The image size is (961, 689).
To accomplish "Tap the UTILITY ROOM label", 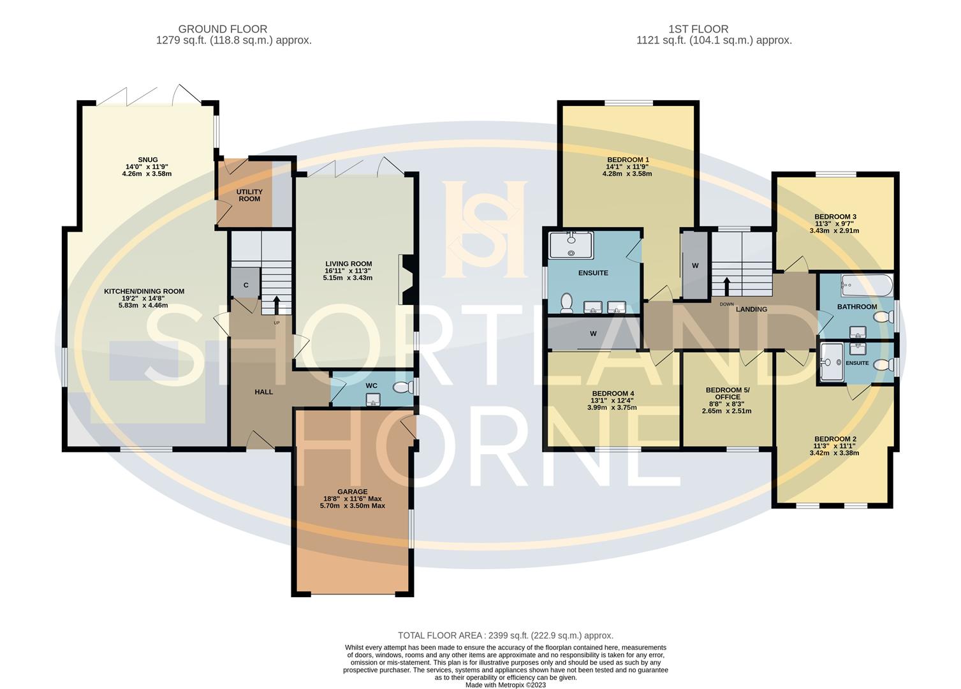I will coord(249,195).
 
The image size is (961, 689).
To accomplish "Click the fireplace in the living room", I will coord(406,279).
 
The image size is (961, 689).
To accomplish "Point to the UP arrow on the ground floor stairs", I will coord(277,304).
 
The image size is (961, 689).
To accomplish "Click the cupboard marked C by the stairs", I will coord(246,285).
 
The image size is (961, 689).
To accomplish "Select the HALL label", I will coord(263,392).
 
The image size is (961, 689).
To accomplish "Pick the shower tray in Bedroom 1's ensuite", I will coord(571,244).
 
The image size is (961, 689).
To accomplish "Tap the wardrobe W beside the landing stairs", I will coord(694,265).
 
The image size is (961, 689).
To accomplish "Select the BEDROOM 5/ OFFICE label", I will coord(728,394).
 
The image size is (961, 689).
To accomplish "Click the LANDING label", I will coord(751,309).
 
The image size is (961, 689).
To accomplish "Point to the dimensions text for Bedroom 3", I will coord(836,227).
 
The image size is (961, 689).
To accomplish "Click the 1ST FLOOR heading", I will coord(698,29).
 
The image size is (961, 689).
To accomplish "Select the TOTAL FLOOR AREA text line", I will coord(505,635).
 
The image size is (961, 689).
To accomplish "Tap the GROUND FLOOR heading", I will coord(223,29).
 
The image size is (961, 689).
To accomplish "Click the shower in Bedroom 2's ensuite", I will coord(832,362).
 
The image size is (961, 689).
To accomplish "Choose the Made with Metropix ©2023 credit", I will coord(505,685).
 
